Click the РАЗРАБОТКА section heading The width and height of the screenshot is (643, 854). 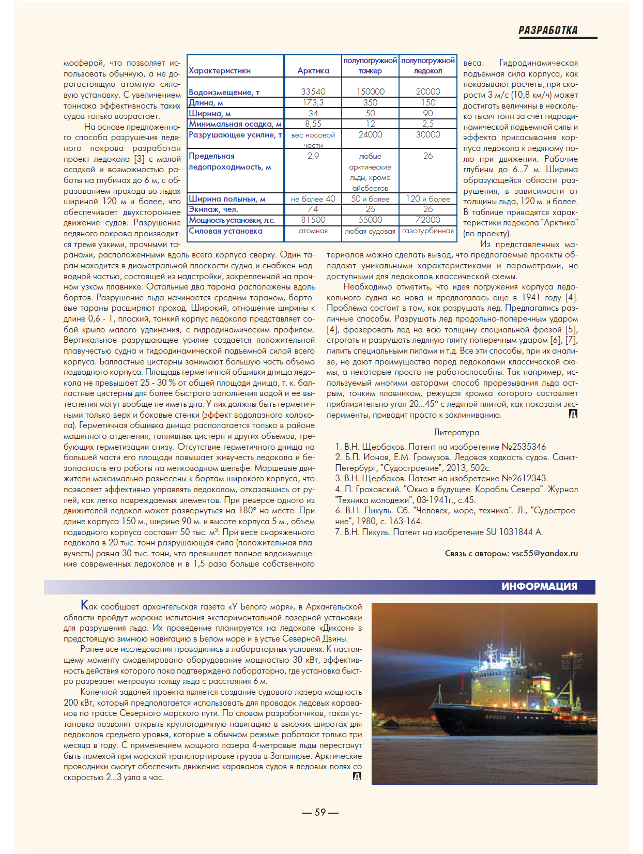point(548,30)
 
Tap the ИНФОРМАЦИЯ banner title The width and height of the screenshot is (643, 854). point(539,586)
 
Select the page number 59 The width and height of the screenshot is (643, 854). point(320,812)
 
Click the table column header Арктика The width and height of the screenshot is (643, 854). point(313,71)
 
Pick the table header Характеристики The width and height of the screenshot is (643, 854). point(220,71)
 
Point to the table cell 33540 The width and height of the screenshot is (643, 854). point(313,91)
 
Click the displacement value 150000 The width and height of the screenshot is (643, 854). point(370,91)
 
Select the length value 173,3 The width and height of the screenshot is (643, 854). point(313,102)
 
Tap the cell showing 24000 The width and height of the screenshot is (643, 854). point(370,134)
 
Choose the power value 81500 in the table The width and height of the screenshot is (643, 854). point(313,220)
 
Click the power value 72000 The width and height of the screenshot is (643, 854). point(427,220)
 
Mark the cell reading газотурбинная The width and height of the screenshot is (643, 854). point(427,231)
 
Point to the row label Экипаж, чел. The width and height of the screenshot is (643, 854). point(213,209)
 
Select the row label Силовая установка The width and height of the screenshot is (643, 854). point(225,231)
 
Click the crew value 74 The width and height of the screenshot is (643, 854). point(313,209)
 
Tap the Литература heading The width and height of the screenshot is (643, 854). point(456,432)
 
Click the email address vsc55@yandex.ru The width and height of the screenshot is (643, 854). point(545,553)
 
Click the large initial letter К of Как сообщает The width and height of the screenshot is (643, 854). point(85,605)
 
